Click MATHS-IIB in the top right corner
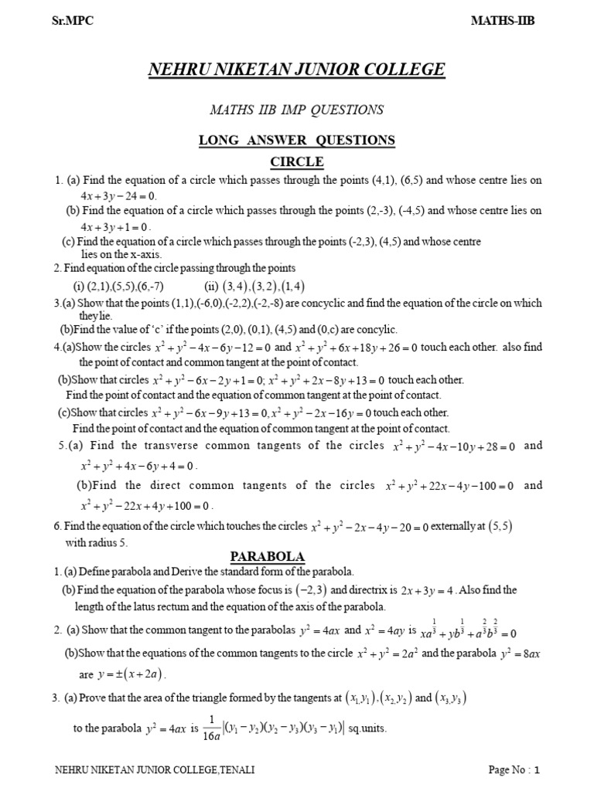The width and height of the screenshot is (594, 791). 503,22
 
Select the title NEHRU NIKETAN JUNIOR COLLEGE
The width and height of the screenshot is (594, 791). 297,70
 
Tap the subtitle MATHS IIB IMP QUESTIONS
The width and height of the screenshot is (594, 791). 297,110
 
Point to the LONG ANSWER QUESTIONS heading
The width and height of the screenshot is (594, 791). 297,140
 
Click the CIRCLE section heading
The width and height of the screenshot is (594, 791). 296,161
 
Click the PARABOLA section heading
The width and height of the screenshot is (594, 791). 268,556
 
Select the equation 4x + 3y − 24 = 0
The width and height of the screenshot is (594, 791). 118,195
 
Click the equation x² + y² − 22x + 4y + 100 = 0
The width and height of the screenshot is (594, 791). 146,506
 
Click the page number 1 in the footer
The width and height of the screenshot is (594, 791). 536,769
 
